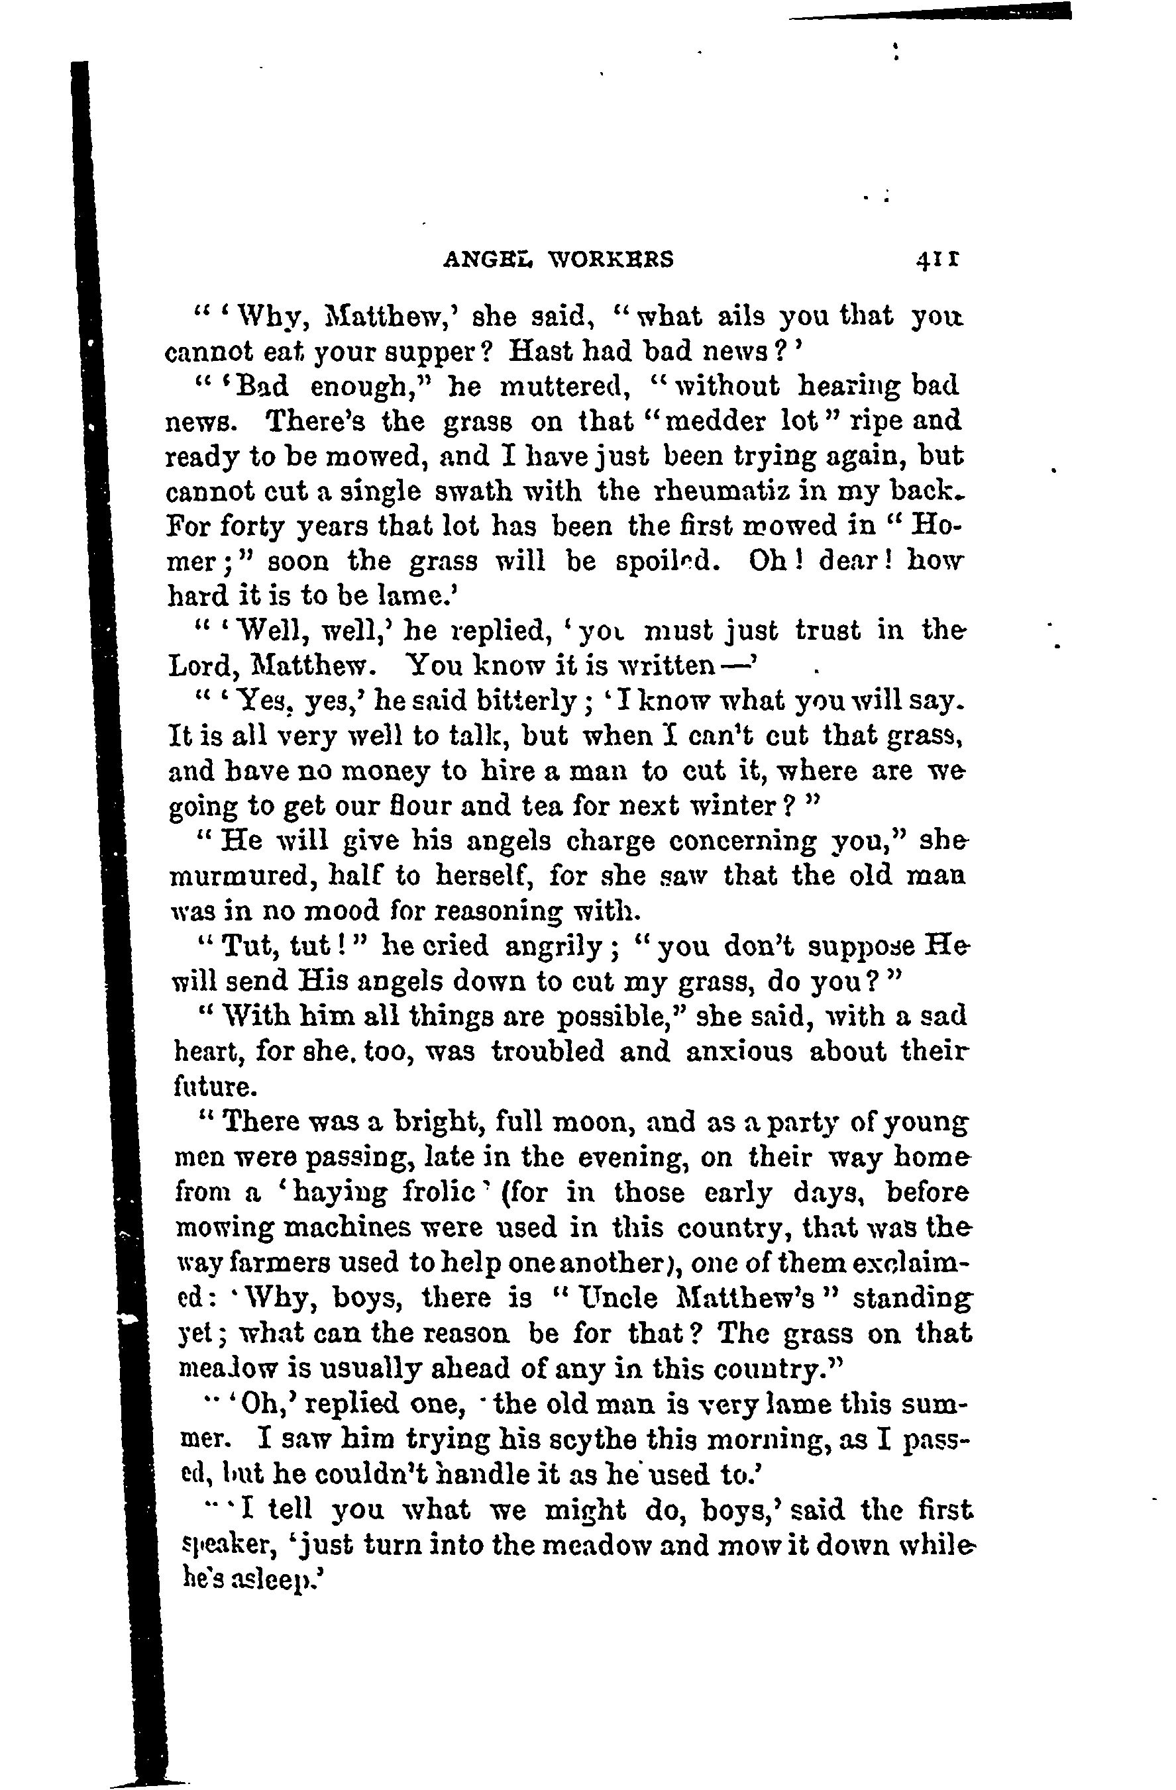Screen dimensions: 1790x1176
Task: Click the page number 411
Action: pyautogui.click(x=936, y=260)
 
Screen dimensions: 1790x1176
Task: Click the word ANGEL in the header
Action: pyautogui.click(x=488, y=260)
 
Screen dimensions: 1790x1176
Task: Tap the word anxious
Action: pyautogui.click(x=739, y=1052)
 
